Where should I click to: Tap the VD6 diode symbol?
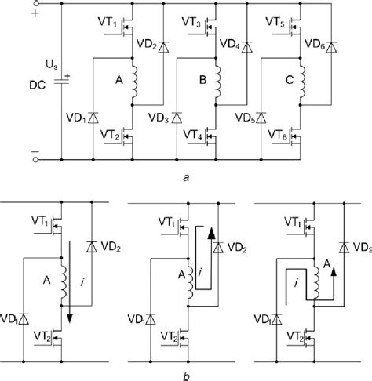tap(328, 46)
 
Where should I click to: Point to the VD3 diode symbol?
tap(176, 118)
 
